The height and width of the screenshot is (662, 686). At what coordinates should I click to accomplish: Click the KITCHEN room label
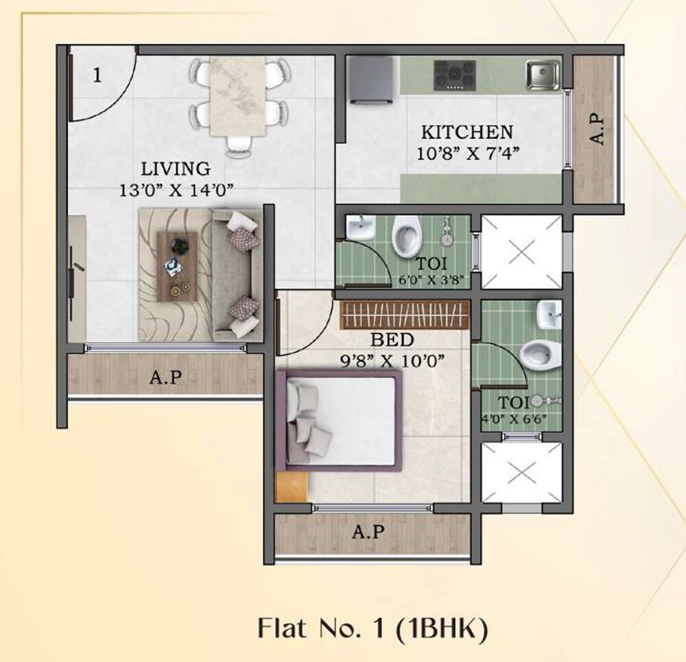coord(466,132)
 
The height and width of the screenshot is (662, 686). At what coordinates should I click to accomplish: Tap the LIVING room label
coord(176,168)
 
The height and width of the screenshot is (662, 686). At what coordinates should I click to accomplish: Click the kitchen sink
coord(543,75)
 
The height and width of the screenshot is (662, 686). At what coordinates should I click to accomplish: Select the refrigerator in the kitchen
coord(370,79)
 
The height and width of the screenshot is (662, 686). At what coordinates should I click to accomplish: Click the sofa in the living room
coord(237,274)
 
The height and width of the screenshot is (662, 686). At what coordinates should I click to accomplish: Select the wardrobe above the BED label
coord(405,316)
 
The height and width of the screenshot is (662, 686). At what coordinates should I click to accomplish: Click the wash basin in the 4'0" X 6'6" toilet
coord(549,315)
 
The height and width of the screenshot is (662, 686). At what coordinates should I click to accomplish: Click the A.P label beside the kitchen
coord(598,129)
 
